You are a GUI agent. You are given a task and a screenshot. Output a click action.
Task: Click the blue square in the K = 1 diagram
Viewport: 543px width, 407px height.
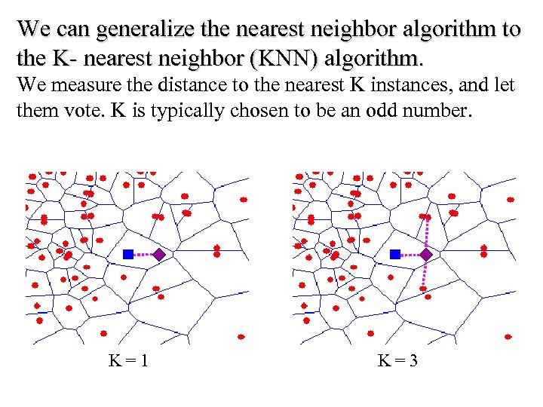pyautogui.click(x=128, y=255)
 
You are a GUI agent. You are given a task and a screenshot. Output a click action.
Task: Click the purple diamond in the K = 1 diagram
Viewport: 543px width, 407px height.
pyautogui.click(x=158, y=255)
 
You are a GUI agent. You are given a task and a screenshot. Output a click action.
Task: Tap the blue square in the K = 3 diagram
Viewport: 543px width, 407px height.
pyautogui.click(x=395, y=255)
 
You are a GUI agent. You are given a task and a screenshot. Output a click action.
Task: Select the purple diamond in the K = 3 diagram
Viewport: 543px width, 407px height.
pyautogui.click(x=426, y=255)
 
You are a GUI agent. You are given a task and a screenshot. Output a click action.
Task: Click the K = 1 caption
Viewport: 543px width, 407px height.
pyautogui.click(x=128, y=361)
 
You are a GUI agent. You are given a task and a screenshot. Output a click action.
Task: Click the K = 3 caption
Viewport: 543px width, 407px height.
pyautogui.click(x=397, y=361)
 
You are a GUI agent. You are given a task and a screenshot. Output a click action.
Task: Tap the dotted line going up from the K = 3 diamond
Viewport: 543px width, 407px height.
pyautogui.click(x=428, y=234)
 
